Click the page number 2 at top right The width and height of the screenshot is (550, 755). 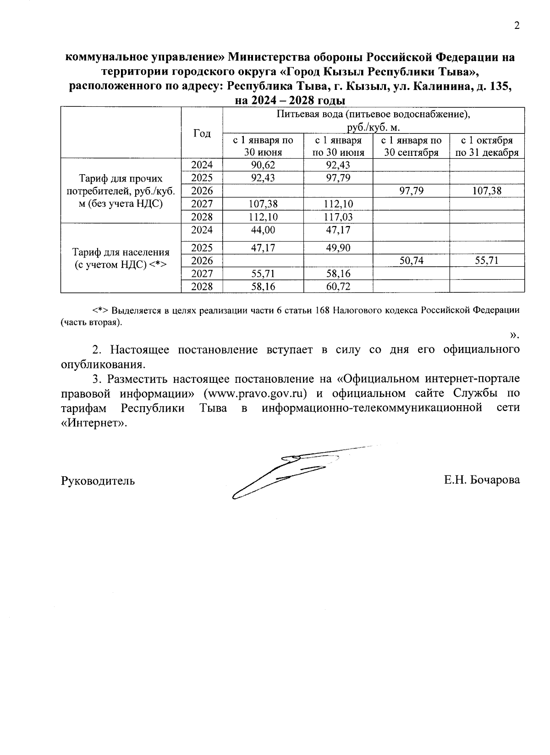[x=517, y=26]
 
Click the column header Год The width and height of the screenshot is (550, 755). [x=202, y=133]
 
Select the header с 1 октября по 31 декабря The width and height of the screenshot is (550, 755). [x=487, y=146]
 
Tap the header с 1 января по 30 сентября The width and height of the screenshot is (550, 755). [x=411, y=146]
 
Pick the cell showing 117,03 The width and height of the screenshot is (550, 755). [x=338, y=216]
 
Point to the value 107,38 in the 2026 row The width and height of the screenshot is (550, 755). [x=487, y=191]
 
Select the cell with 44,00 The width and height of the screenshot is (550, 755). [x=263, y=230]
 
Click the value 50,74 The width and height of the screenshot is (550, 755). [x=411, y=261]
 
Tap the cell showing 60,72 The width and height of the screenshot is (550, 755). [x=338, y=287]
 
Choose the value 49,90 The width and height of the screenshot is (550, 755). [x=338, y=248]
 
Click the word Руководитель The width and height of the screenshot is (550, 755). [x=98, y=480]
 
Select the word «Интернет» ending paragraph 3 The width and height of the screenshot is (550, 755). [x=93, y=423]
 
